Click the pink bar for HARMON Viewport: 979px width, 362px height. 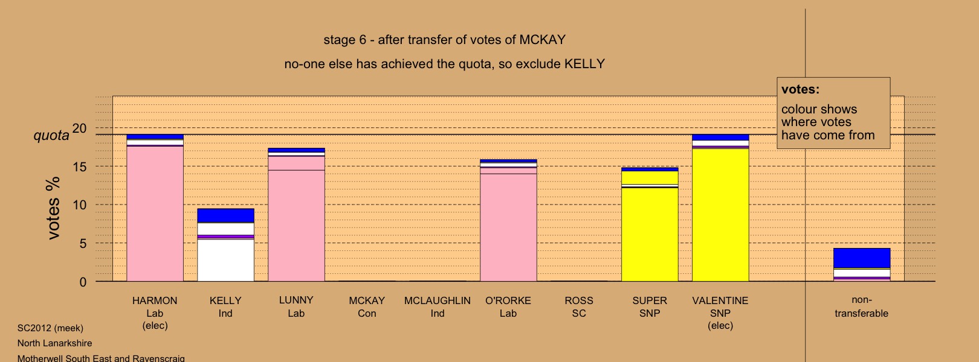click(155, 208)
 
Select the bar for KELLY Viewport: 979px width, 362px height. click(225, 245)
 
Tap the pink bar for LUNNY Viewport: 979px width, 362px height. click(296, 215)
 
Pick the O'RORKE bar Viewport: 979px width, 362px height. click(508, 221)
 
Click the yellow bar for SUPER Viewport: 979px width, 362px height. click(650, 224)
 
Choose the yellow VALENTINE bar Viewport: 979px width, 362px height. click(720, 208)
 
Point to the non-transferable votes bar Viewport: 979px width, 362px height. click(862, 265)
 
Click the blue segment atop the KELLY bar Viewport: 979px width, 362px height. click(225, 215)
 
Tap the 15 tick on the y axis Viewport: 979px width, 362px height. click(80, 167)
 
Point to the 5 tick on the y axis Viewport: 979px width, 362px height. click(83, 243)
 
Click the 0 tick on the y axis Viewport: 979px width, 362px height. click(83, 282)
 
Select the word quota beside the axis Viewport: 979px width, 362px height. click(51, 136)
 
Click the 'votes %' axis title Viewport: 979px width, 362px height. click(53, 208)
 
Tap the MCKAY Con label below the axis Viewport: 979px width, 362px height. click(367, 307)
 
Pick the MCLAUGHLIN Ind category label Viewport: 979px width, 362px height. click(438, 307)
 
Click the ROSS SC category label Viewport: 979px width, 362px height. click(579, 307)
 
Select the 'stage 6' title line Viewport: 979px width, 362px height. click(445, 40)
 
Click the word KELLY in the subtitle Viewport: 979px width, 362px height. click(584, 64)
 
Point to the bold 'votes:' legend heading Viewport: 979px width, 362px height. click(800, 89)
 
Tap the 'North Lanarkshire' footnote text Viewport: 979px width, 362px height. click(54, 343)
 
